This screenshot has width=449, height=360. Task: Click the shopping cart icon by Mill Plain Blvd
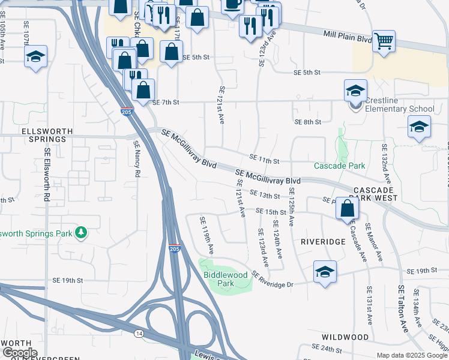[384, 42]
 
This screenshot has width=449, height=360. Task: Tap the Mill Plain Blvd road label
[348, 38]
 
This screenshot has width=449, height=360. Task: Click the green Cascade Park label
[339, 166]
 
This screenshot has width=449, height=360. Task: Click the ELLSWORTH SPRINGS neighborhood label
[38, 134]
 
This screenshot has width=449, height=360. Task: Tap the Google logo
[19, 353]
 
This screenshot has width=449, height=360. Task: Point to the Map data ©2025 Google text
[412, 355]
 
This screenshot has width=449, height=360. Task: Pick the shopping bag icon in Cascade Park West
[348, 209]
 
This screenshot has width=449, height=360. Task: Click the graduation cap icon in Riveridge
[325, 272]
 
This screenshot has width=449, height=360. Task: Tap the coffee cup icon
[232, 5]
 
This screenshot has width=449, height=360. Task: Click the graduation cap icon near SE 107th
[36, 58]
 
